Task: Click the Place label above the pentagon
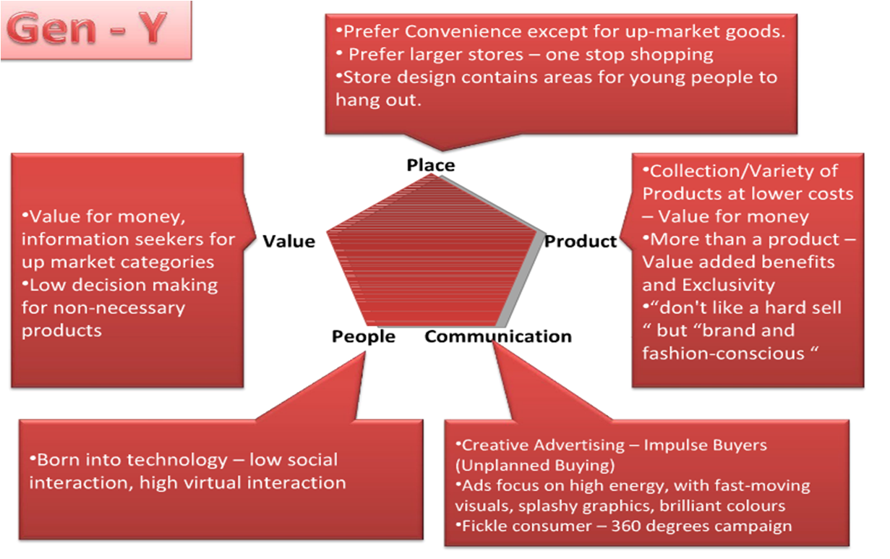(x=431, y=166)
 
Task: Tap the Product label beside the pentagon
(x=581, y=241)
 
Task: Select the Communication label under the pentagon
(x=498, y=336)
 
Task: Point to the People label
(x=364, y=336)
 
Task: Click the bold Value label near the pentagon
(x=288, y=241)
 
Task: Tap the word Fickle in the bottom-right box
(x=482, y=526)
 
